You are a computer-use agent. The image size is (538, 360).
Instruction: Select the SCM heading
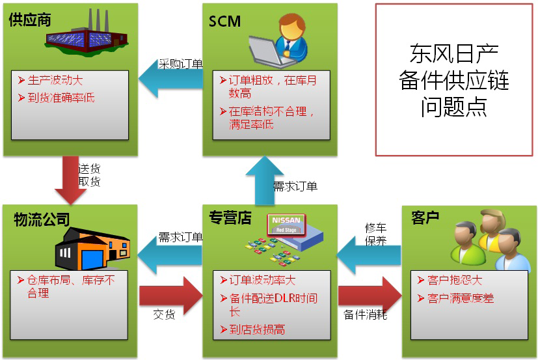coord(224,21)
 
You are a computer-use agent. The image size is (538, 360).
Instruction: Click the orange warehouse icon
coord(92,247)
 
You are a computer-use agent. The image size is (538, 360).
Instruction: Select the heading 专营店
coord(230,218)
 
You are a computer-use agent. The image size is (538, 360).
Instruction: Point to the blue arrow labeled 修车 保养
coord(367,258)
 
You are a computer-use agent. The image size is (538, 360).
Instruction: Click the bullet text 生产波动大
coord(56,81)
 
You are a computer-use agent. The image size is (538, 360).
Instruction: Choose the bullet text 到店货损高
coord(257,329)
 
